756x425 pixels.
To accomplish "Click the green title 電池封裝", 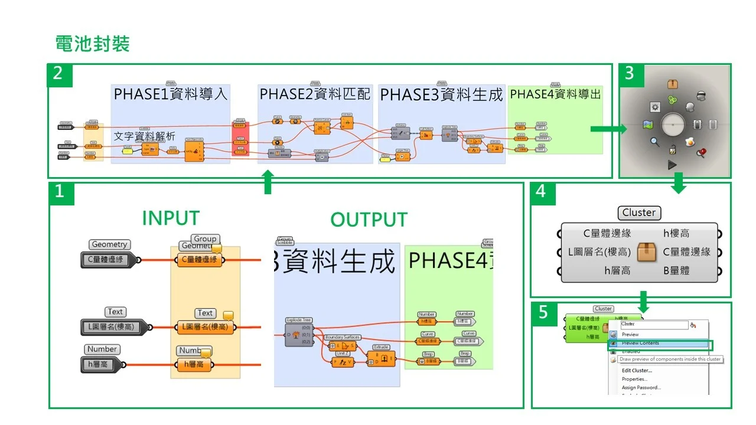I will coord(92,44).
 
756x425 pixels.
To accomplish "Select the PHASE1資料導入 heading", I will coord(171,94).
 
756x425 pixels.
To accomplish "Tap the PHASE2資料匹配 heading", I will coord(315,94).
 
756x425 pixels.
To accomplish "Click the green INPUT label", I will coord(171,218).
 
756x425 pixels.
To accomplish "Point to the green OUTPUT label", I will coord(369,220).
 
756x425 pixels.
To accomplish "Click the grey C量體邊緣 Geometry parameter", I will coord(107,259).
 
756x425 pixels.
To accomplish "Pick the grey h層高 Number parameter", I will coord(100,365).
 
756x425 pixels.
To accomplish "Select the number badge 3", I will coord(630,74).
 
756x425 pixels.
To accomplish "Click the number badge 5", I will coord(543,313).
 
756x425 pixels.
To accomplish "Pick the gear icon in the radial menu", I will coord(654,107).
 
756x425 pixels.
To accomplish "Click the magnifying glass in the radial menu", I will coord(655,141).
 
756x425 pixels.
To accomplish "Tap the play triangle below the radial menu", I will coord(672,165).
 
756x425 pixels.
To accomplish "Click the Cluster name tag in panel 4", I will coord(639,212).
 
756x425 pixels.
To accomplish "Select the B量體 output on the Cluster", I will coord(676,270).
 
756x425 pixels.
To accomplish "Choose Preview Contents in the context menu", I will coord(640,343).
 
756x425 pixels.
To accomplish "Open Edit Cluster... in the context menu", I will coord(637,370).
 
